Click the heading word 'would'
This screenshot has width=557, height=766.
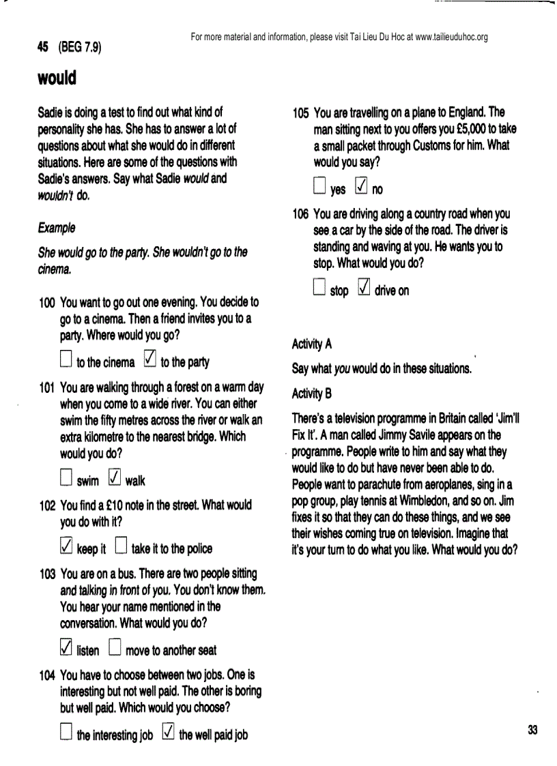[57, 78]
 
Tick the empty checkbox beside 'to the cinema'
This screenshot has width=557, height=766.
[66, 359]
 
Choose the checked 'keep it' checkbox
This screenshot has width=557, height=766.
[66, 546]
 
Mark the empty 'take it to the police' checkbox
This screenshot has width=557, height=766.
[121, 546]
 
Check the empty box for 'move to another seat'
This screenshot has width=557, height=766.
[115, 647]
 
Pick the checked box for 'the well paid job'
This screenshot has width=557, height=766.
[169, 732]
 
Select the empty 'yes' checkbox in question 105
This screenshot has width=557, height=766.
[319, 186]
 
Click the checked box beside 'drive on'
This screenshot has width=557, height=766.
[364, 288]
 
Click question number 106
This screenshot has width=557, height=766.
[300, 214]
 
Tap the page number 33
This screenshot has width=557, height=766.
[532, 730]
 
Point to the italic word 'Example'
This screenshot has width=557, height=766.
[56, 227]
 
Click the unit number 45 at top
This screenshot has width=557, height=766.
[43, 48]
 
